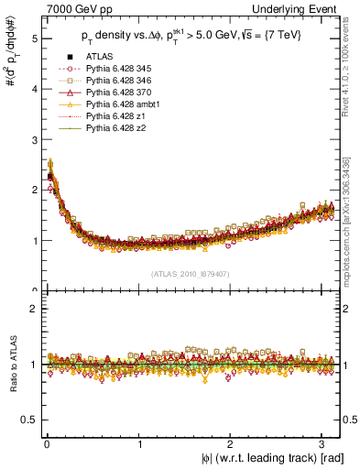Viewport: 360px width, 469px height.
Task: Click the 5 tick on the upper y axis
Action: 34,39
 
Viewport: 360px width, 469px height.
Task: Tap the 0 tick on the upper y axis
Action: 34,291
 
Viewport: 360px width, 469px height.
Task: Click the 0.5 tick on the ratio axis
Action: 30,420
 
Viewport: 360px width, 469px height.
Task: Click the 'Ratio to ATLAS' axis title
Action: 12,365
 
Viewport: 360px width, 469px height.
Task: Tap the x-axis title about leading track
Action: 273,458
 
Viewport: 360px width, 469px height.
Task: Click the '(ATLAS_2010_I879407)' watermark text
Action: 191,273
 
